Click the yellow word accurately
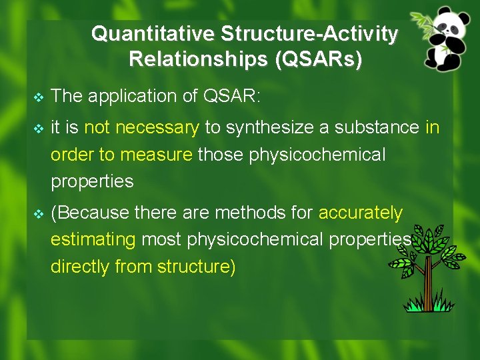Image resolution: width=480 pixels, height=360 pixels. pyautogui.click(x=361, y=213)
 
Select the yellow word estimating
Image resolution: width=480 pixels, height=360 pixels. pyautogui.click(x=93, y=240)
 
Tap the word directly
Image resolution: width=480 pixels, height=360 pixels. pyautogui.click(x=81, y=267)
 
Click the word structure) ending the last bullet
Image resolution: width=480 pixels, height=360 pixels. pyautogui.click(x=197, y=267)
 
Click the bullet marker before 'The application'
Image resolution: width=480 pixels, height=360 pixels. pyautogui.click(x=38, y=97)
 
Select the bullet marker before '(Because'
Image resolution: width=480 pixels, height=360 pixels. pyautogui.click(x=38, y=214)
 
